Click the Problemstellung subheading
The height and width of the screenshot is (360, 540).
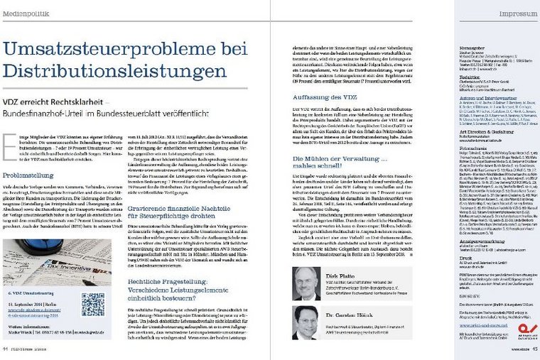point(28,174)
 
